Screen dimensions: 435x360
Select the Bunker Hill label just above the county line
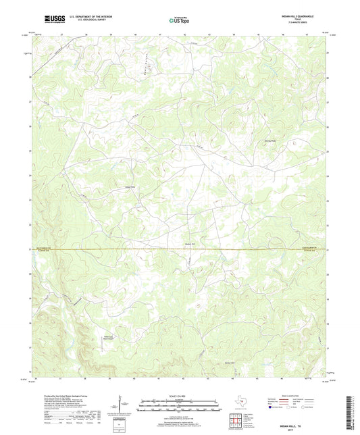point(190,244)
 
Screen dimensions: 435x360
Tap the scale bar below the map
point(180,404)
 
